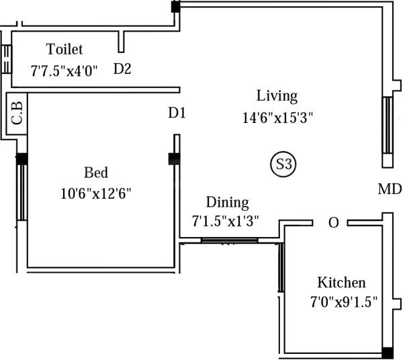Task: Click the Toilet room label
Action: coord(64,49)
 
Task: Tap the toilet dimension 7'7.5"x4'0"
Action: coord(64,69)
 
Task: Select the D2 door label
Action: coord(122,69)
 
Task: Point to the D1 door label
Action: coord(177,114)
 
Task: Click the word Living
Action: coord(277,95)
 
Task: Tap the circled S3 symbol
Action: coord(283,164)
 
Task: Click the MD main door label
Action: coord(389,189)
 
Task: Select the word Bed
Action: coord(95,172)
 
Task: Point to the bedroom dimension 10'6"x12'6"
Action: coord(95,194)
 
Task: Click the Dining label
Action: coord(227,202)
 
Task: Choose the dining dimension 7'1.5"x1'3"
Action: coord(226,220)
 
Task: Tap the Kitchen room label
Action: coord(341,282)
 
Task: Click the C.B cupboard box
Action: coord(17,113)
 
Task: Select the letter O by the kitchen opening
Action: coord(333,223)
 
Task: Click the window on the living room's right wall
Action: coord(387,125)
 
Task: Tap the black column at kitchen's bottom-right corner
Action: coord(387,353)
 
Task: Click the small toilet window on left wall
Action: coord(7,59)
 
